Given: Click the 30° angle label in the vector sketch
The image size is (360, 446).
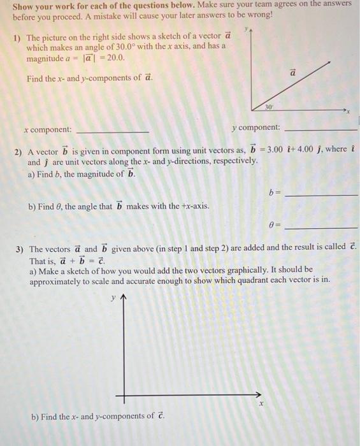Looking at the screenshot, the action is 270,107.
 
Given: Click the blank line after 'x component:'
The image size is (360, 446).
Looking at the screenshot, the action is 112,130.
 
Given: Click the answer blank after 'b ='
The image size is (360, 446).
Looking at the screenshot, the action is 321,194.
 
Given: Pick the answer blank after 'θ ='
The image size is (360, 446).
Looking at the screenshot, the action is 321,227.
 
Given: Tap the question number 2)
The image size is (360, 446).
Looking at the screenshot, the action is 18,152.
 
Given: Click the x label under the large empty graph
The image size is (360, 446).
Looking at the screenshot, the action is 260,404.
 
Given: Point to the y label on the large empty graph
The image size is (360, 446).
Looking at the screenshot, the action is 113,298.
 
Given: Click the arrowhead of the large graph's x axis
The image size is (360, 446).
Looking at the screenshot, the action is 257,394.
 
